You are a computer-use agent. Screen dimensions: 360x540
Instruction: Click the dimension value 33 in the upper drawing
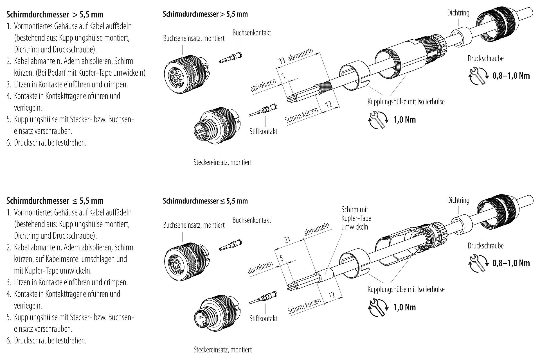pyautogui.click(x=282, y=61)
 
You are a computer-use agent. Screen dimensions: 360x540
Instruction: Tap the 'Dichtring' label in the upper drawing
pyautogui.click(x=458, y=13)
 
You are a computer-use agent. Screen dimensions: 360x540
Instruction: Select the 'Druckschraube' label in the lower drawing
pyautogui.click(x=485, y=246)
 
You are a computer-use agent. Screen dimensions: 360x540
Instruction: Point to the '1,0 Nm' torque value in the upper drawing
pyautogui.click(x=404, y=120)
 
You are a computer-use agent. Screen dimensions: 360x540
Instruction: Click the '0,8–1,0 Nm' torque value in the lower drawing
pyautogui.click(x=511, y=263)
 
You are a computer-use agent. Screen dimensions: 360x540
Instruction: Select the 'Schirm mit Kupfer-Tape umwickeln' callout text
pyautogui.click(x=356, y=218)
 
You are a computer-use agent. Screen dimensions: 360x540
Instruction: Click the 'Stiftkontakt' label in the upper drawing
pyautogui.click(x=263, y=131)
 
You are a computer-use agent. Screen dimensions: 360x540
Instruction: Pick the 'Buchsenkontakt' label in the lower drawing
pyautogui.click(x=252, y=220)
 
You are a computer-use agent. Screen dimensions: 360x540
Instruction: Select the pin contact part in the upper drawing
pyautogui.click(x=263, y=110)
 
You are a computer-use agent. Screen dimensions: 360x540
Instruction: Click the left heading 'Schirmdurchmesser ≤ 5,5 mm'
pyautogui.click(x=55, y=201)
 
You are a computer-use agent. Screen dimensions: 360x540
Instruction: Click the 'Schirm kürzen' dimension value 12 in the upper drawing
pyautogui.click(x=328, y=104)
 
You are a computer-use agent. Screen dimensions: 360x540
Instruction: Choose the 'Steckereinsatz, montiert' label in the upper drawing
pyautogui.click(x=222, y=162)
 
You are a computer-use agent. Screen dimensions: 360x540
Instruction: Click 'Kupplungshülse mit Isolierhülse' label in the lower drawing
pyautogui.click(x=406, y=289)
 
